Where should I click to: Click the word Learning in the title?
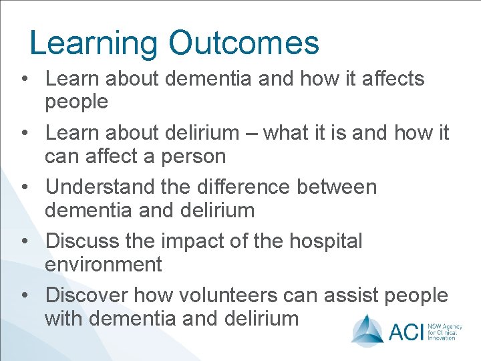[94, 43]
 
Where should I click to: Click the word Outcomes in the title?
[244, 43]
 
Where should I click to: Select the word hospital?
[326, 241]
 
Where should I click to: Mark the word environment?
[103, 265]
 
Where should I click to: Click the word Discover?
[87, 295]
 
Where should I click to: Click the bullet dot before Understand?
[25, 188]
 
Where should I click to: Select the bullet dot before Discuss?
[25, 241]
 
